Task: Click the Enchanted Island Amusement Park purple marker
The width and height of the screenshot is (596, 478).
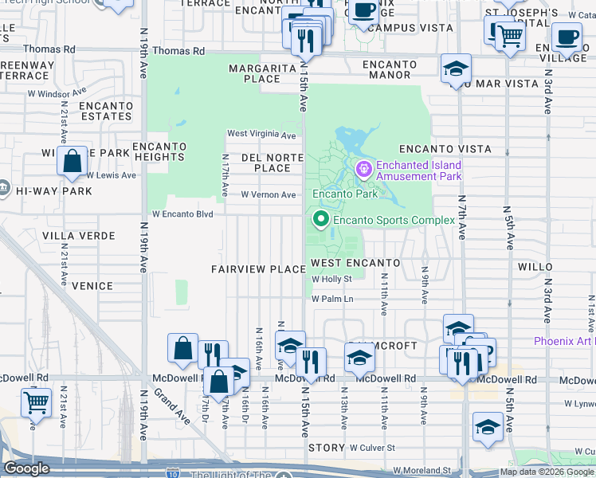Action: [x=364, y=169]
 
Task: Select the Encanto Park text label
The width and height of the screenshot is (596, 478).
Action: [x=344, y=194]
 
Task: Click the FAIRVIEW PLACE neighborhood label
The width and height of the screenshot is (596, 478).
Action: [x=258, y=269]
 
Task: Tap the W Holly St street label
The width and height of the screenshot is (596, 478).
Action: [x=331, y=280]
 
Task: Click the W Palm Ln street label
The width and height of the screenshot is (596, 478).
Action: [x=332, y=299]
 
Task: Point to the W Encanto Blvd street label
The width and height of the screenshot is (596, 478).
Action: [x=183, y=214]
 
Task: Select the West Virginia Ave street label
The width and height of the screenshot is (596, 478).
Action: [x=262, y=134]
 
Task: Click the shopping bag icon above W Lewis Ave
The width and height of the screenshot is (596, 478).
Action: [x=73, y=161]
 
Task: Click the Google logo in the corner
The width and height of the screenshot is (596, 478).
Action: [x=26, y=468]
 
